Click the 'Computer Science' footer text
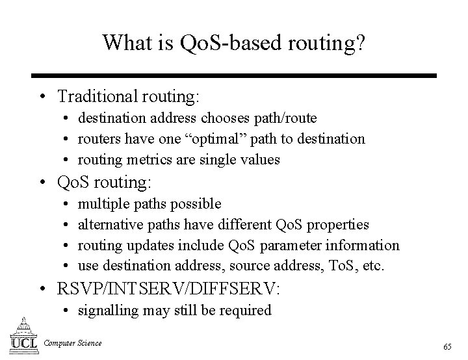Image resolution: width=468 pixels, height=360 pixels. tap(73, 342)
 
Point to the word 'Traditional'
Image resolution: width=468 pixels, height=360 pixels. tap(97, 97)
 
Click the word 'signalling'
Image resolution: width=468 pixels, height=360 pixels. tap(108, 310)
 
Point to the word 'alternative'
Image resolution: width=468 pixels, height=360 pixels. tap(109, 225)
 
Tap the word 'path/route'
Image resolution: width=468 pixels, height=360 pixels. tap(286, 118)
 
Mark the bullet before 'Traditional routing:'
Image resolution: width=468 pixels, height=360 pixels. tap(42, 97)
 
